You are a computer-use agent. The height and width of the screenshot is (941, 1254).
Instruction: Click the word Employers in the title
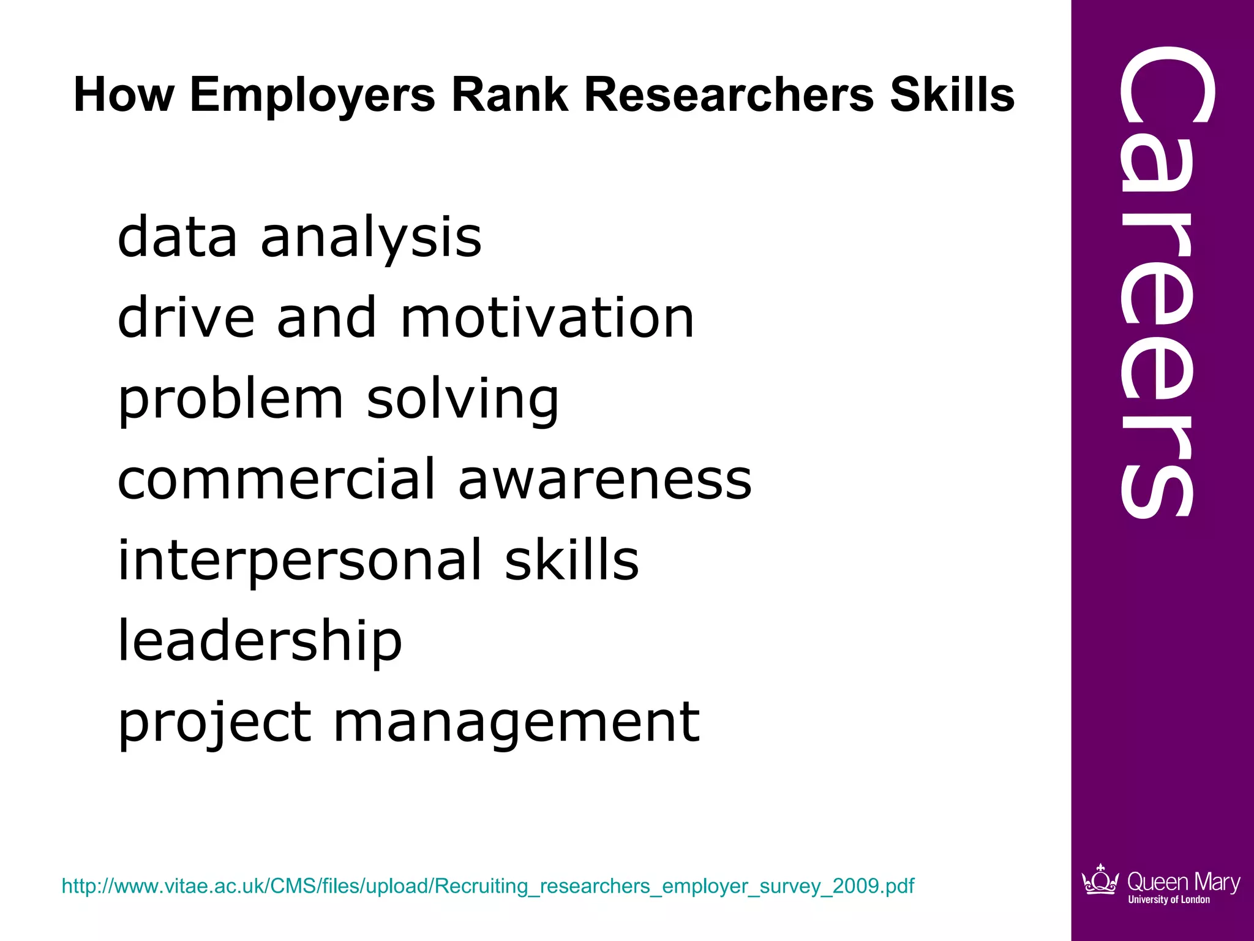(312, 96)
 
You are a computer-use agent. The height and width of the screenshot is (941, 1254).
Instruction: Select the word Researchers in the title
(729, 96)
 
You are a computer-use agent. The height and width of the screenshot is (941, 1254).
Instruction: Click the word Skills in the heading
(952, 96)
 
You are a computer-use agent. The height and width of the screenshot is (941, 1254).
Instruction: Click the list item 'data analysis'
(299, 238)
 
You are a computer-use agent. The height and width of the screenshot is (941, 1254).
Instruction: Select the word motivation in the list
(547, 318)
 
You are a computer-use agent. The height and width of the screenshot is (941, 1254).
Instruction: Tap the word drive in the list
(186, 318)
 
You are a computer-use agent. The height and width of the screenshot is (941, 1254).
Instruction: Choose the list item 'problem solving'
(338, 399)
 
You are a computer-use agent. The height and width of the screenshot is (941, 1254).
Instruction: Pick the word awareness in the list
(605, 480)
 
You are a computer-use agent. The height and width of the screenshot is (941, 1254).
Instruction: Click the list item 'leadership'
(260, 641)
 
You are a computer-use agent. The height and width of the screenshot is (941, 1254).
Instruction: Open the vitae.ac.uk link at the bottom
(488, 886)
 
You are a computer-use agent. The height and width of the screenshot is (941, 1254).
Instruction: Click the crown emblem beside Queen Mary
(1100, 880)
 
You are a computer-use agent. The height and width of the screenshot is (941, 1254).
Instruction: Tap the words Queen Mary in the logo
(1183, 882)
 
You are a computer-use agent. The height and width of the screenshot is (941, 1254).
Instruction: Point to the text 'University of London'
(1169, 900)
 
